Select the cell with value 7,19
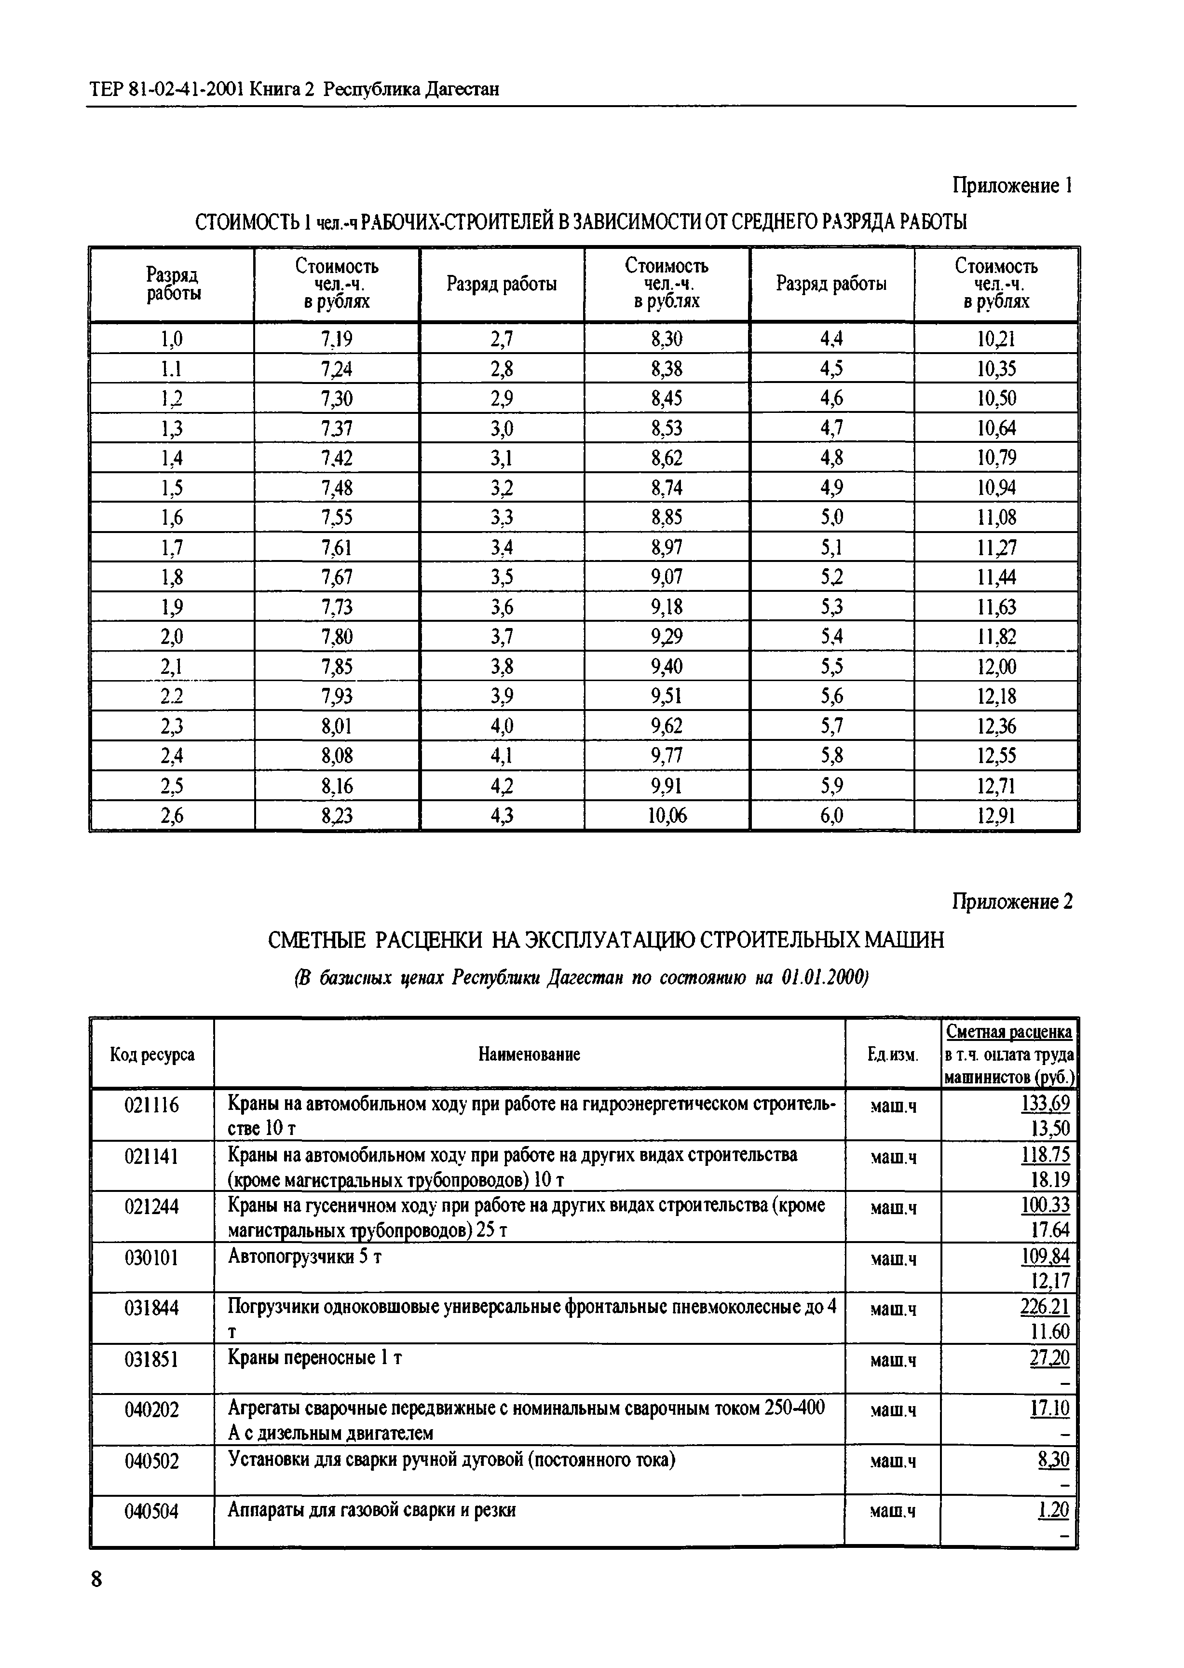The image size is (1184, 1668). tap(336, 339)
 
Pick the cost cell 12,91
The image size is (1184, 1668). tap(996, 816)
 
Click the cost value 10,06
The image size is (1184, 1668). tap(667, 816)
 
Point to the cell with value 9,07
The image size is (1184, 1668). tap(667, 577)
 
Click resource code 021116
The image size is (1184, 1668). tap(151, 1106)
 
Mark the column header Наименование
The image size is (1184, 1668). tap(529, 1054)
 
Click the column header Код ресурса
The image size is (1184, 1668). tap(151, 1054)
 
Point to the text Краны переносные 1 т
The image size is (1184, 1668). tap(315, 1358)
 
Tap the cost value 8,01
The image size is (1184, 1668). tap(336, 726)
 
